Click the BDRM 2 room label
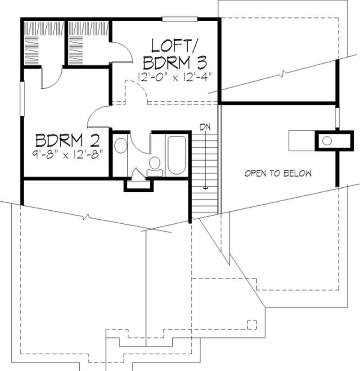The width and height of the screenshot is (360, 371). point(67,140)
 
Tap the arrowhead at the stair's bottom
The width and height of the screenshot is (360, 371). point(205,188)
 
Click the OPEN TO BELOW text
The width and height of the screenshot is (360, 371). point(278,173)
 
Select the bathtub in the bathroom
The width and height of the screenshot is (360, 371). point(176,155)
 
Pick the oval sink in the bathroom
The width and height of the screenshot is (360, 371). point(121,146)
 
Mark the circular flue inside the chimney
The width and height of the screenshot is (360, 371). point(327,141)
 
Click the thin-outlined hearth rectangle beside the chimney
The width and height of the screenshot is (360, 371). point(301,140)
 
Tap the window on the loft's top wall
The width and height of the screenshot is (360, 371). point(180,18)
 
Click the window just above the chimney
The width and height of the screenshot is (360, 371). point(337,118)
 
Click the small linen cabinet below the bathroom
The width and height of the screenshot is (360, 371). point(139,185)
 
